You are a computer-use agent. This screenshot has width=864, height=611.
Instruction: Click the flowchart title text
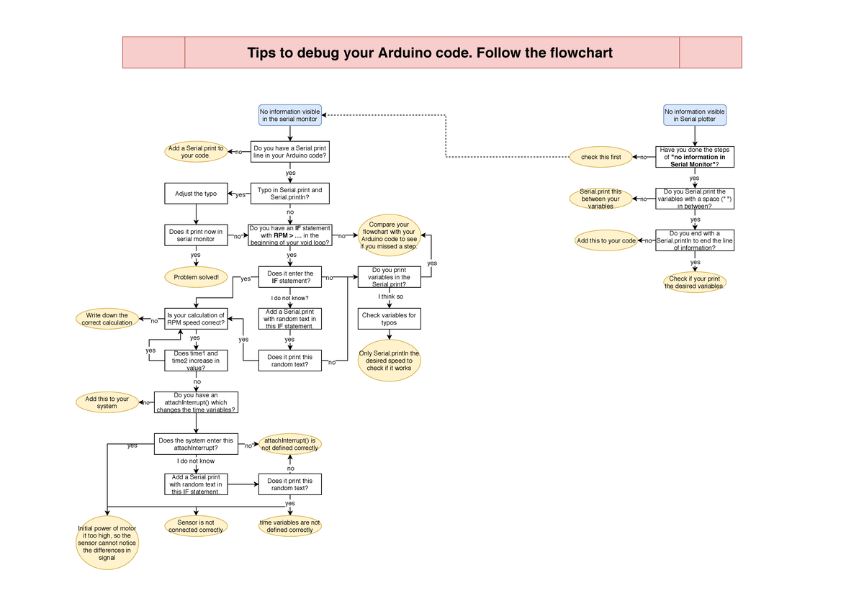point(430,53)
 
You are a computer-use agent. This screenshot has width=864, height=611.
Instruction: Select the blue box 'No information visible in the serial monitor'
point(290,115)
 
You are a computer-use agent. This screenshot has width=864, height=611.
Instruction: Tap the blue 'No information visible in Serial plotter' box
point(694,115)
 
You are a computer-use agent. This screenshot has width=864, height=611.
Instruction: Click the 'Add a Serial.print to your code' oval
point(196,152)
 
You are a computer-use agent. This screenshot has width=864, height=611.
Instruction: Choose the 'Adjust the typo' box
point(196,194)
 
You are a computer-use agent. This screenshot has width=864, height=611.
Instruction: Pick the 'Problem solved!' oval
point(196,276)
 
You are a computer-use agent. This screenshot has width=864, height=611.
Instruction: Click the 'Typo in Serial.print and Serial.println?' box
point(290,194)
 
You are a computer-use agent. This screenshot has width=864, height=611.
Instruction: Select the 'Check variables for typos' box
point(389,319)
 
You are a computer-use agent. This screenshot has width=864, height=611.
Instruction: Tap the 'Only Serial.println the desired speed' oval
point(389,361)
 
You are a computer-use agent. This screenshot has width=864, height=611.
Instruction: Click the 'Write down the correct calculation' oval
point(107,319)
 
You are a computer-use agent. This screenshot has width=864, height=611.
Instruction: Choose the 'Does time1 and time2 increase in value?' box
point(196,361)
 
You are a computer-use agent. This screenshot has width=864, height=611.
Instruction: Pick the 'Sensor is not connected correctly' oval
point(196,526)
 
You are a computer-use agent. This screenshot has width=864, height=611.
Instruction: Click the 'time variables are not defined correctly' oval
point(289,526)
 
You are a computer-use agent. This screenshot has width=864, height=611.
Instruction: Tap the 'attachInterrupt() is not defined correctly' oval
point(289,444)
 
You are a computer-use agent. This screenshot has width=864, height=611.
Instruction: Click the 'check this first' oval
point(600,157)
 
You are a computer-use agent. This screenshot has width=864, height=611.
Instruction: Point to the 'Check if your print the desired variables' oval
point(694,282)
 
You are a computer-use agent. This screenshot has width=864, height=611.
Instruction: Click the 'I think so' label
point(390,297)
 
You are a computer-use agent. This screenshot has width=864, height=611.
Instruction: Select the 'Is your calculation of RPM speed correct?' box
point(196,319)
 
